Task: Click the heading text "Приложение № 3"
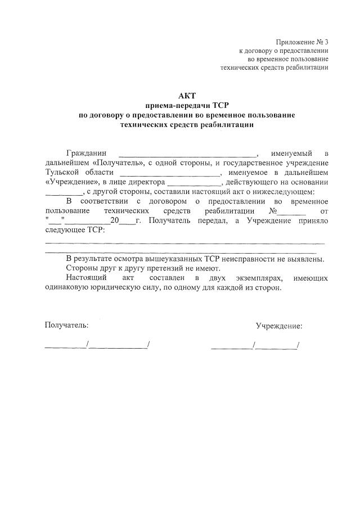tap(301, 42)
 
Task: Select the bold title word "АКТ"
tap(187, 96)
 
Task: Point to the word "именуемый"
tap(291, 154)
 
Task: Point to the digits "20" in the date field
tap(115, 220)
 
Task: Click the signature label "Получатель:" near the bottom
tap(66, 325)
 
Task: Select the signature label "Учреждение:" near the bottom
tap(279, 326)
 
